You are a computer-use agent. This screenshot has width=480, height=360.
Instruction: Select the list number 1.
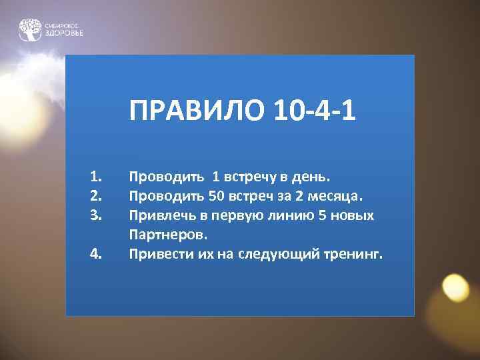coord(95,177)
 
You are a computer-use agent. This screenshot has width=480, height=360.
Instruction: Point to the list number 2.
coord(95,197)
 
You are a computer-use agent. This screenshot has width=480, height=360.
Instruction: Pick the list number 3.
coord(95,216)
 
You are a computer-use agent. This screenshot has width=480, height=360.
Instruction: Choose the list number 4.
coord(95,254)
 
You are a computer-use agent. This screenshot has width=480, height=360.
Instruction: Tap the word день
coord(313,177)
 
